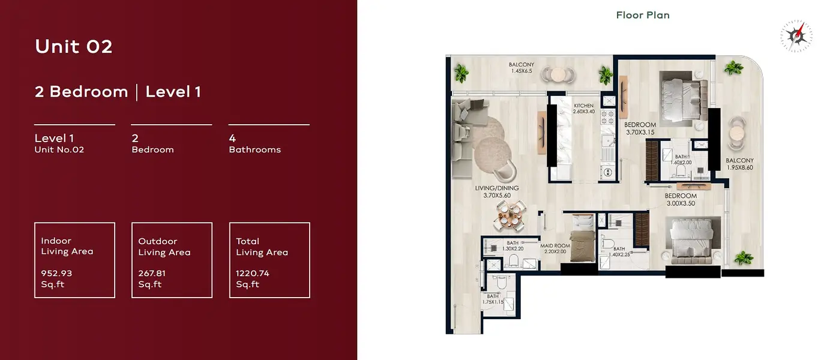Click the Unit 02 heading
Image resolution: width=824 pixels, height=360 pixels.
[74, 47]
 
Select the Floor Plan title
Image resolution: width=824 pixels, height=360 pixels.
[643, 15]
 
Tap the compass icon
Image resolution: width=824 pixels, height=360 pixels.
[796, 36]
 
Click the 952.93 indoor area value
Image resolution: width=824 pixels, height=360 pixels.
[56, 273]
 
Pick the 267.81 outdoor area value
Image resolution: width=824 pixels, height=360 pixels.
[152, 273]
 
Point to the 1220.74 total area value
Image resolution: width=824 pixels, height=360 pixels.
[252, 273]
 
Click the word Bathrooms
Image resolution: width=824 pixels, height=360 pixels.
[254, 149]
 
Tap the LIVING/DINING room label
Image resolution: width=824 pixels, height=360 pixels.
[497, 191]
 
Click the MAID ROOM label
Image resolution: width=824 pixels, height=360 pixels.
[555, 248]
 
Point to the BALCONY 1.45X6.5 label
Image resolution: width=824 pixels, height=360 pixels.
[522, 68]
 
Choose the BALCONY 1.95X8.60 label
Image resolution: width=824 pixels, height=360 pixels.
[740, 164]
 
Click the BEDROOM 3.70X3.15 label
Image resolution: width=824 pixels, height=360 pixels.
[640, 128]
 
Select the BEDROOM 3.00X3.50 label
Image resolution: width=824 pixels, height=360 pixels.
[681, 199]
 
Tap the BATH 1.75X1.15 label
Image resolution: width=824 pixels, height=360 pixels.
[493, 299]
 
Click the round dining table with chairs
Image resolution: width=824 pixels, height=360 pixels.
[510, 216]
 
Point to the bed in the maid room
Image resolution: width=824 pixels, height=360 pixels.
[583, 238]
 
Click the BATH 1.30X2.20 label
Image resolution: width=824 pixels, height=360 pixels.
[513, 245]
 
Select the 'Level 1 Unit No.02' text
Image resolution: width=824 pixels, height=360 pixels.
[59, 143]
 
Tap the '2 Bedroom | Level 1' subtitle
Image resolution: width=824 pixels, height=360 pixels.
[118, 92]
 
